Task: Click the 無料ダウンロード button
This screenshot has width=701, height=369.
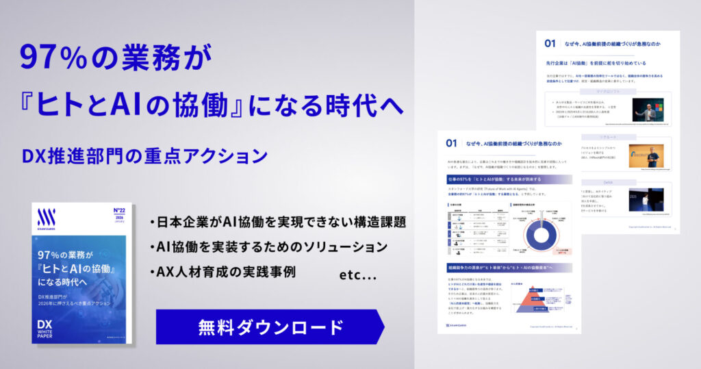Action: coord(270,327)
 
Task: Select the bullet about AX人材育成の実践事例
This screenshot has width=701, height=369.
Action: coord(222,271)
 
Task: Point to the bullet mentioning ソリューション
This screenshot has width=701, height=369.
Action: coord(268,246)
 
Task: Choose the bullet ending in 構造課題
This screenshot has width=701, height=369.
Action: coord(277,223)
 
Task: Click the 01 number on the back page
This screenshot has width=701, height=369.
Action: coord(550,44)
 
